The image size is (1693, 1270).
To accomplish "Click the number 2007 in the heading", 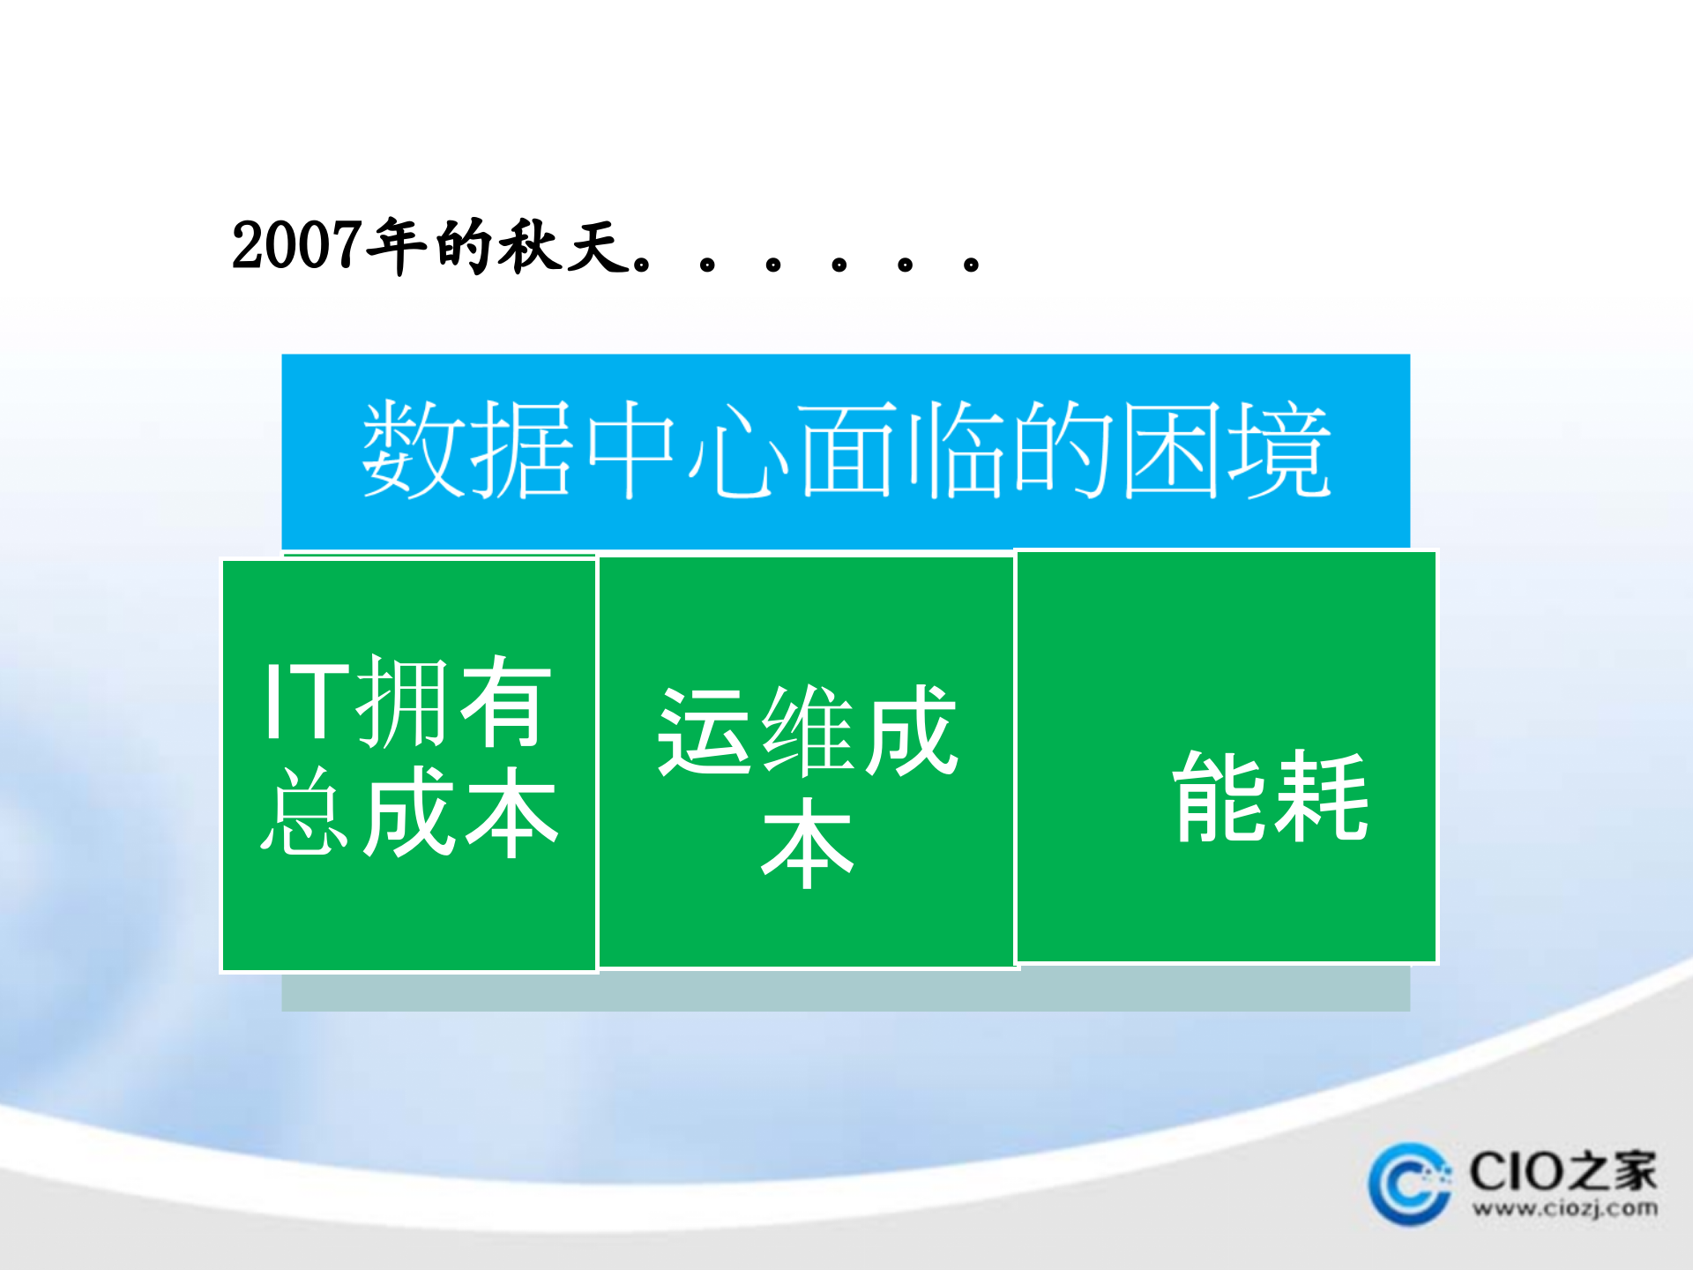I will pos(295,245).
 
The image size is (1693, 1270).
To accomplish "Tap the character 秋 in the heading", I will pos(530,245).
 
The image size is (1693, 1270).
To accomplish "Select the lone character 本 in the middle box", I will pos(807,842).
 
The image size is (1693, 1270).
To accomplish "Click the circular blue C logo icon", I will pos(1409,1184).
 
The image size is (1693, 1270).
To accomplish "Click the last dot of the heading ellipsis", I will pos(971,263).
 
